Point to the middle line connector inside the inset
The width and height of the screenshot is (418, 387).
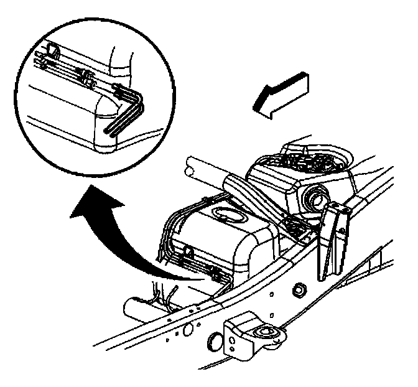click(88, 77)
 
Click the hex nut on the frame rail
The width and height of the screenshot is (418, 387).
click(298, 289)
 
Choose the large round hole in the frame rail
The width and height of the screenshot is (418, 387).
click(187, 329)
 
